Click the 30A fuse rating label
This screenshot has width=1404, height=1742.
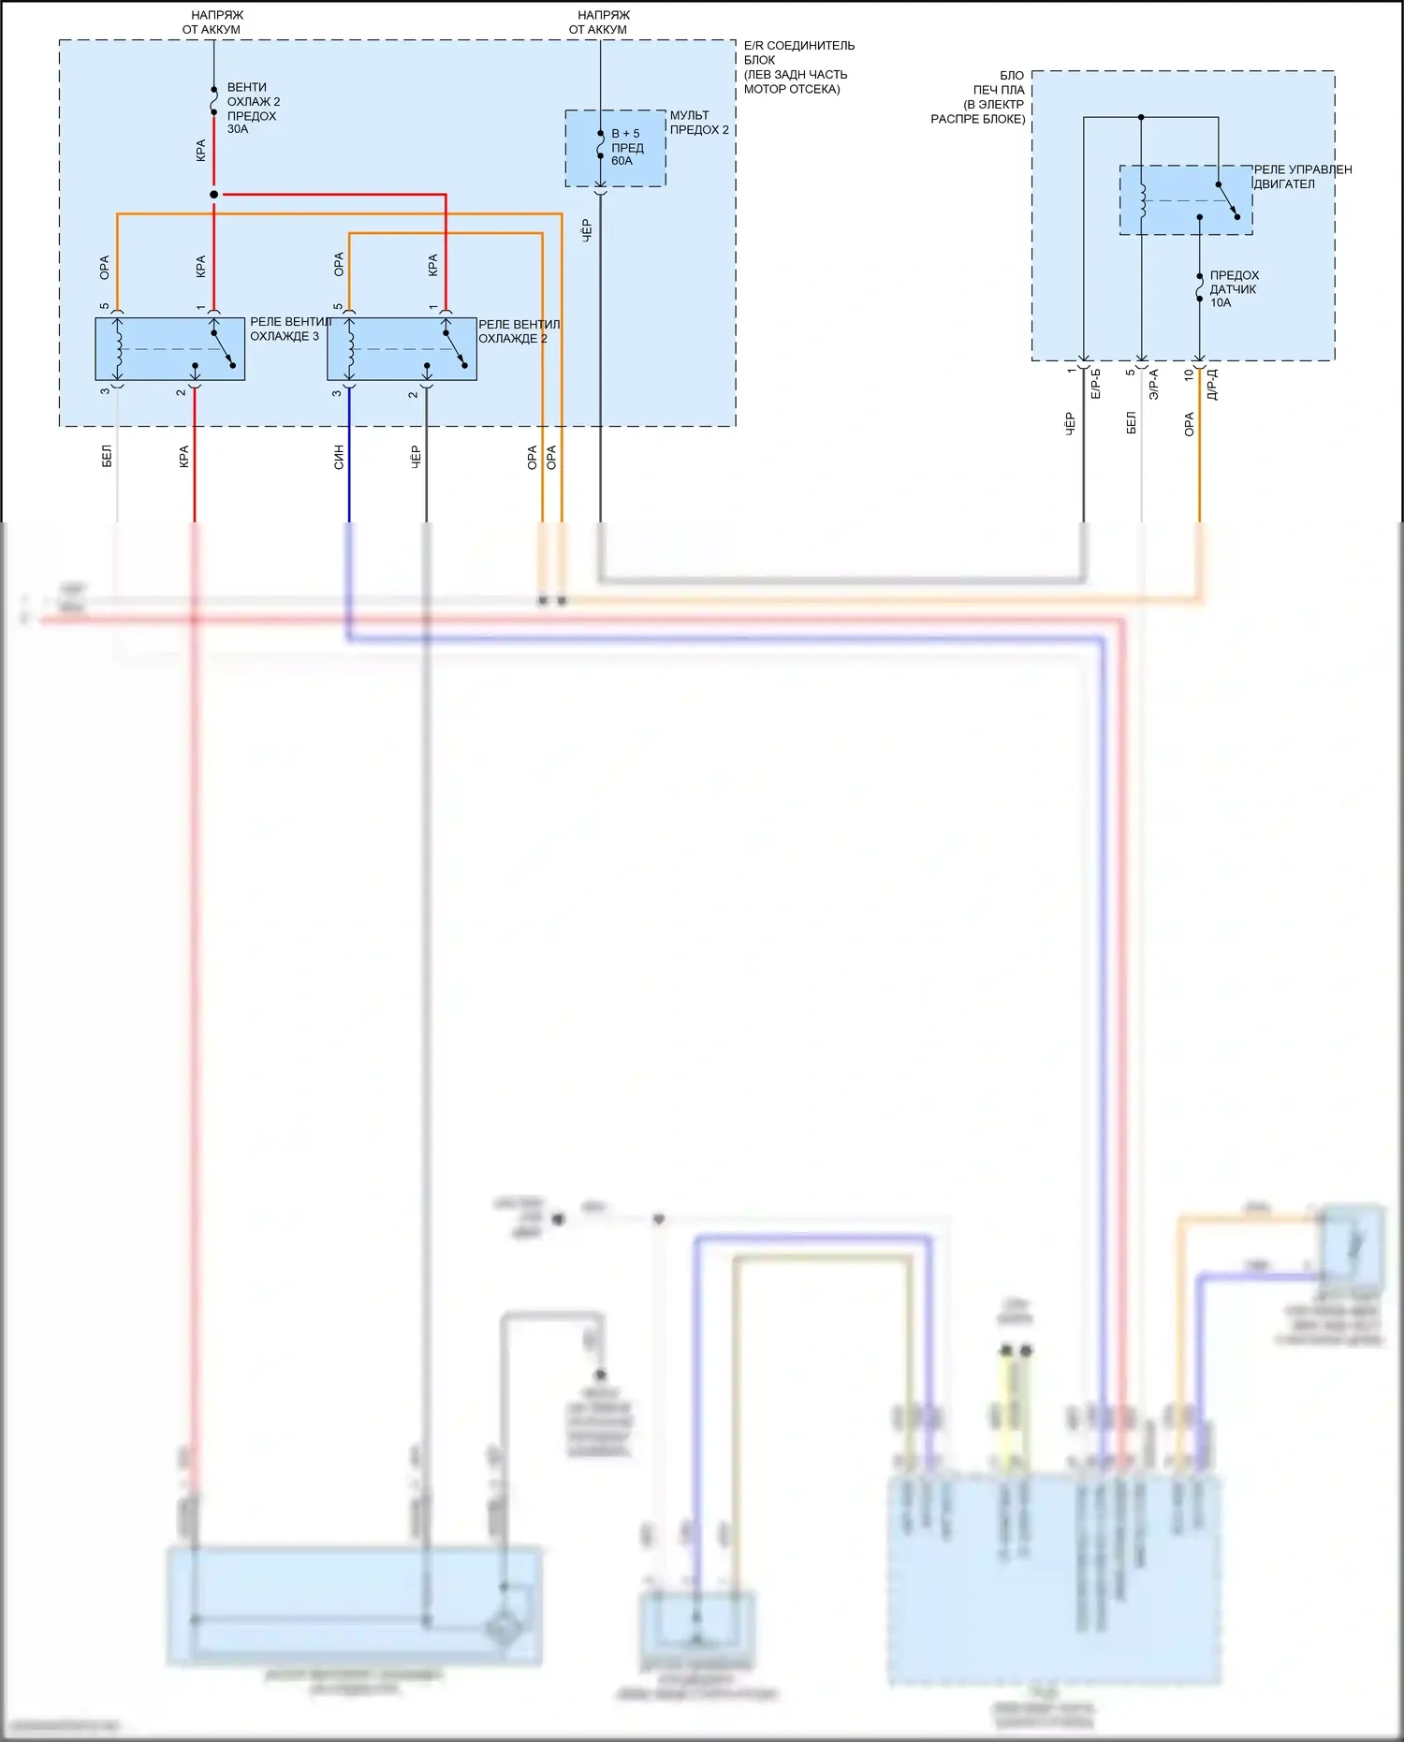(x=238, y=129)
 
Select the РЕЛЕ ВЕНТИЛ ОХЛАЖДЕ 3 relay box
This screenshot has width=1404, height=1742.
(x=169, y=349)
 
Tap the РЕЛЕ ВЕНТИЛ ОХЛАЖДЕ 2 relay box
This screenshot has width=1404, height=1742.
(x=402, y=349)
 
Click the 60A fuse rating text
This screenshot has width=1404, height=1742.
(x=622, y=161)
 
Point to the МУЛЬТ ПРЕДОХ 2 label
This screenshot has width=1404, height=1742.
(x=698, y=123)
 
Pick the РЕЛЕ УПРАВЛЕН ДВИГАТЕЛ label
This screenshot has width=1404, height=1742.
(x=1302, y=177)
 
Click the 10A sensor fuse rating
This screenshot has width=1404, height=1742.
(x=1221, y=303)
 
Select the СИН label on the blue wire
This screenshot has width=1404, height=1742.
(x=339, y=457)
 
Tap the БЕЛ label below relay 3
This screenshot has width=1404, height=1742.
(x=107, y=457)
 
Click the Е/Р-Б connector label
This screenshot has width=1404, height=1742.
(x=1096, y=384)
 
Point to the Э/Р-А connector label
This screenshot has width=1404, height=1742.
(x=1154, y=384)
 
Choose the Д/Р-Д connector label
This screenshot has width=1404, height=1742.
(x=1212, y=384)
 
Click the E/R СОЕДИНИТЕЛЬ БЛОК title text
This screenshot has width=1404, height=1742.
(x=798, y=67)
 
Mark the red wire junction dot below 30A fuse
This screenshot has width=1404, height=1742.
(x=213, y=195)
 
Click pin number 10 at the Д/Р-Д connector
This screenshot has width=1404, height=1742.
(x=1189, y=374)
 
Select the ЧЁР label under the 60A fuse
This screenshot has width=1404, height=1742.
(x=587, y=230)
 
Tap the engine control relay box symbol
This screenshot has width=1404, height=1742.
(x=1186, y=200)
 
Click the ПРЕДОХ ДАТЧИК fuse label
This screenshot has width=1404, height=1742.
(x=1234, y=283)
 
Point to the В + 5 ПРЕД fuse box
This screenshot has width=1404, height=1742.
(x=615, y=148)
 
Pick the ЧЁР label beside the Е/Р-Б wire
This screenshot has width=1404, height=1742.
(x=1070, y=423)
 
